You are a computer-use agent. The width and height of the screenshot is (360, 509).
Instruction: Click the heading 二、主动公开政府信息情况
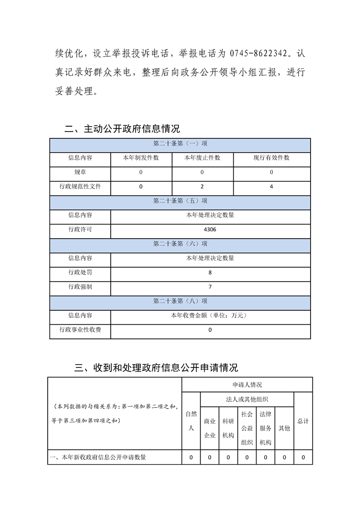click(122, 129)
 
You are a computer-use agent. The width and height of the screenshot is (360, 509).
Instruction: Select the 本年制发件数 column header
click(141, 158)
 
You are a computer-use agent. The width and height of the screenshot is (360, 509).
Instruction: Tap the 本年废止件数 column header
click(202, 158)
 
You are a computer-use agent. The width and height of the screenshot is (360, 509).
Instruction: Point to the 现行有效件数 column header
click(271, 158)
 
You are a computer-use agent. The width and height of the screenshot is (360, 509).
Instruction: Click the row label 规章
click(80, 172)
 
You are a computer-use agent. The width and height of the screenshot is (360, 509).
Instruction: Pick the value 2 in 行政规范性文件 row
click(202, 186)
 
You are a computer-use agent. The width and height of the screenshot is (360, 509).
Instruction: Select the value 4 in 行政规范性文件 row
click(271, 186)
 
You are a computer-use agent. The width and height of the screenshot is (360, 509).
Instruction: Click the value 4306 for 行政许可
click(210, 230)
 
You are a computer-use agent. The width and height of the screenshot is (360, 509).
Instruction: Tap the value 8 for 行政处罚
click(210, 273)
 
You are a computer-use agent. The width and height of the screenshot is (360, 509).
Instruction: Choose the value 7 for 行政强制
click(210, 287)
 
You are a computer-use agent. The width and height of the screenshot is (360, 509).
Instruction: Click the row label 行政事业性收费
click(80, 330)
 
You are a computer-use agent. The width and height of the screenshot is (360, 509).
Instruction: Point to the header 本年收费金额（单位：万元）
click(210, 315)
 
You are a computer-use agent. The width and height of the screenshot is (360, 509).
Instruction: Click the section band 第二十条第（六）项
click(180, 244)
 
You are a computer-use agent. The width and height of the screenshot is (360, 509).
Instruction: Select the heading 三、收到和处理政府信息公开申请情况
click(156, 367)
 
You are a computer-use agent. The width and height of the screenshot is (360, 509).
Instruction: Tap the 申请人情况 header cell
click(247, 385)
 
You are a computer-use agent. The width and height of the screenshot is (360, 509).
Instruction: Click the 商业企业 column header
click(209, 428)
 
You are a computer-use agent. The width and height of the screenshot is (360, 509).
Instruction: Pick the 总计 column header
click(303, 421)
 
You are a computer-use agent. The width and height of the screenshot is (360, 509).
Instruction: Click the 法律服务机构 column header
click(266, 428)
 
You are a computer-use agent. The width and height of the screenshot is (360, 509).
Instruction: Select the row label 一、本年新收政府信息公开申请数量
click(104, 458)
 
